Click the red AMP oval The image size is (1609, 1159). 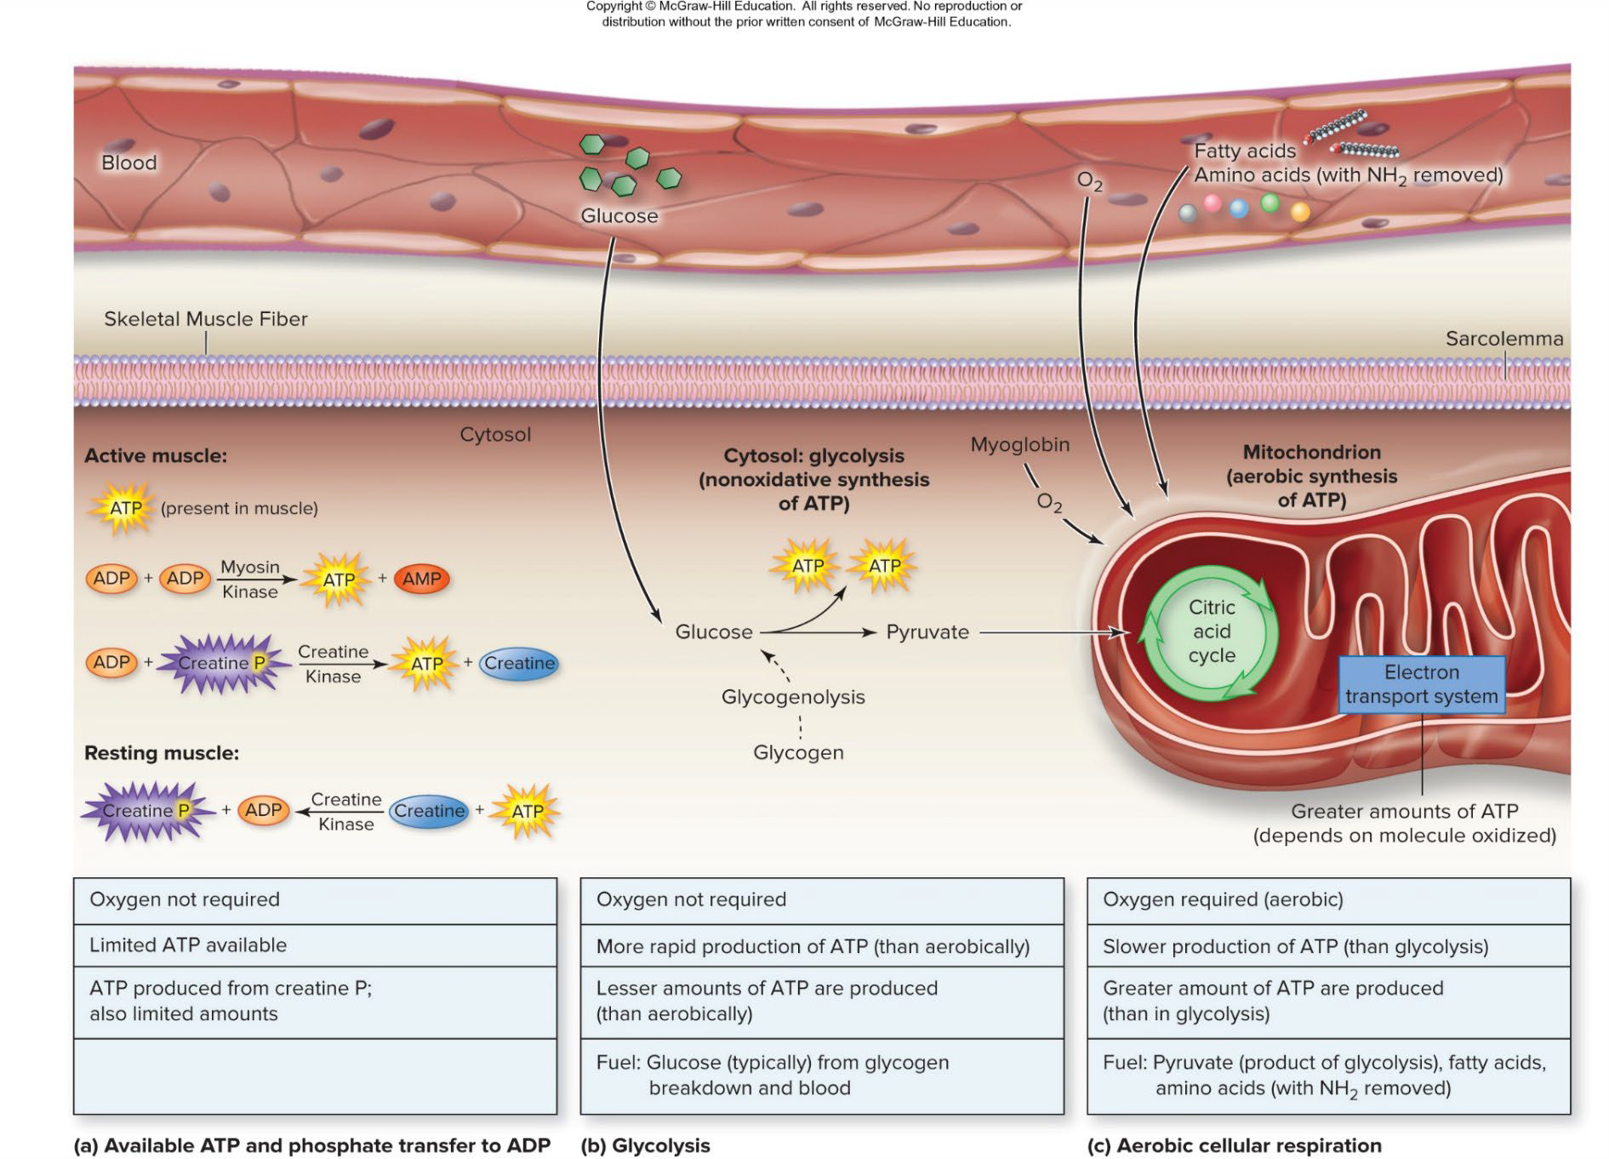[x=421, y=579]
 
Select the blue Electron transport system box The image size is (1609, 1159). [x=1421, y=684]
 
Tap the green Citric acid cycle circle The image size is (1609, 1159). [x=1211, y=631]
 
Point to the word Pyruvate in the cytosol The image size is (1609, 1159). [x=927, y=632]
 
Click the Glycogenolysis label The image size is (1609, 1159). [x=793, y=697]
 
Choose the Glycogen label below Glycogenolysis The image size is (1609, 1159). [x=798, y=752]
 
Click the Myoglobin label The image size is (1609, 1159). [x=1019, y=444]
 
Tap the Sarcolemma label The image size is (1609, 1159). [x=1503, y=339]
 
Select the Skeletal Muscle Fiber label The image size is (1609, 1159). [x=205, y=319]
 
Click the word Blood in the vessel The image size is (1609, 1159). [x=129, y=163]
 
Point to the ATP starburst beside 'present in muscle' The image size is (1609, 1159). [x=124, y=509]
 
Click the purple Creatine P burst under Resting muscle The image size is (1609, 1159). [x=145, y=811]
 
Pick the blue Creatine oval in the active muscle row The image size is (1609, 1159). [x=519, y=663]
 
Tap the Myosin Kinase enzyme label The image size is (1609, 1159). [x=249, y=579]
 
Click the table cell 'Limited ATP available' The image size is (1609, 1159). [x=315, y=945]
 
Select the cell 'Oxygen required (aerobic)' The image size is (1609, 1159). [x=1327, y=900]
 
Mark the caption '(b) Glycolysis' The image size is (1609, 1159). [x=645, y=1145]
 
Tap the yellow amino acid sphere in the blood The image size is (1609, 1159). [x=1299, y=211]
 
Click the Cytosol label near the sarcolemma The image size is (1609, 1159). [x=495, y=434]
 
